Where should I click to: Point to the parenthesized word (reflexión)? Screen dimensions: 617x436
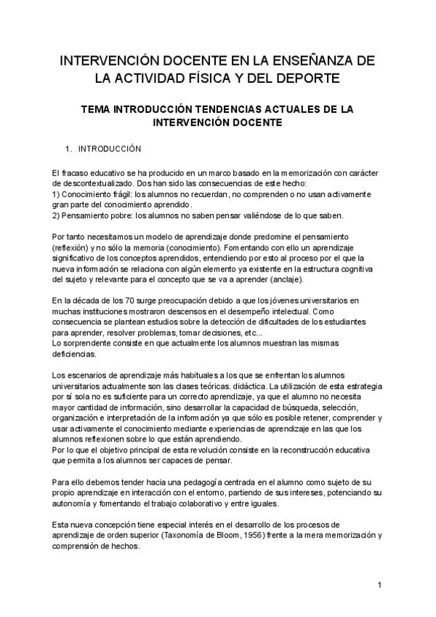73,248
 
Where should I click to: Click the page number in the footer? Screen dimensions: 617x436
379,586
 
